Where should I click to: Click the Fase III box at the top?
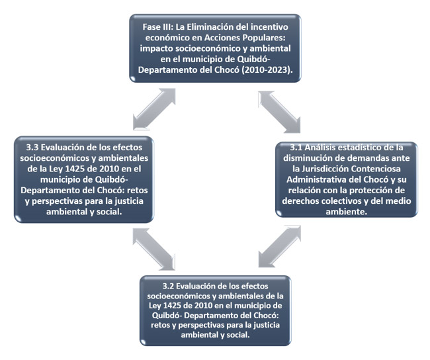[215, 48]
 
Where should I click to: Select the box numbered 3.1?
[347, 179]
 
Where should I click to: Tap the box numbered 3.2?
[215, 310]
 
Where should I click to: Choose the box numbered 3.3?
[84, 179]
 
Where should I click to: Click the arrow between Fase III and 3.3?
[154, 109]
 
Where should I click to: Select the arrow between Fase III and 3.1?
[279, 112]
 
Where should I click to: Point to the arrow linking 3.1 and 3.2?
[279, 246]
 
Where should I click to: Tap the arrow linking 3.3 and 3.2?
[154, 249]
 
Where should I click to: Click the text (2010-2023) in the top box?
[267, 69]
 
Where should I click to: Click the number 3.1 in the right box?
[296, 148]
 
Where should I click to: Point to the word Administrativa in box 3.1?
[317, 179]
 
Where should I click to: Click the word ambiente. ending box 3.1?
[347, 212]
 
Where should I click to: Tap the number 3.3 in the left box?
[32, 148]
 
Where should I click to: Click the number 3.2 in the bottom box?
[168, 286]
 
